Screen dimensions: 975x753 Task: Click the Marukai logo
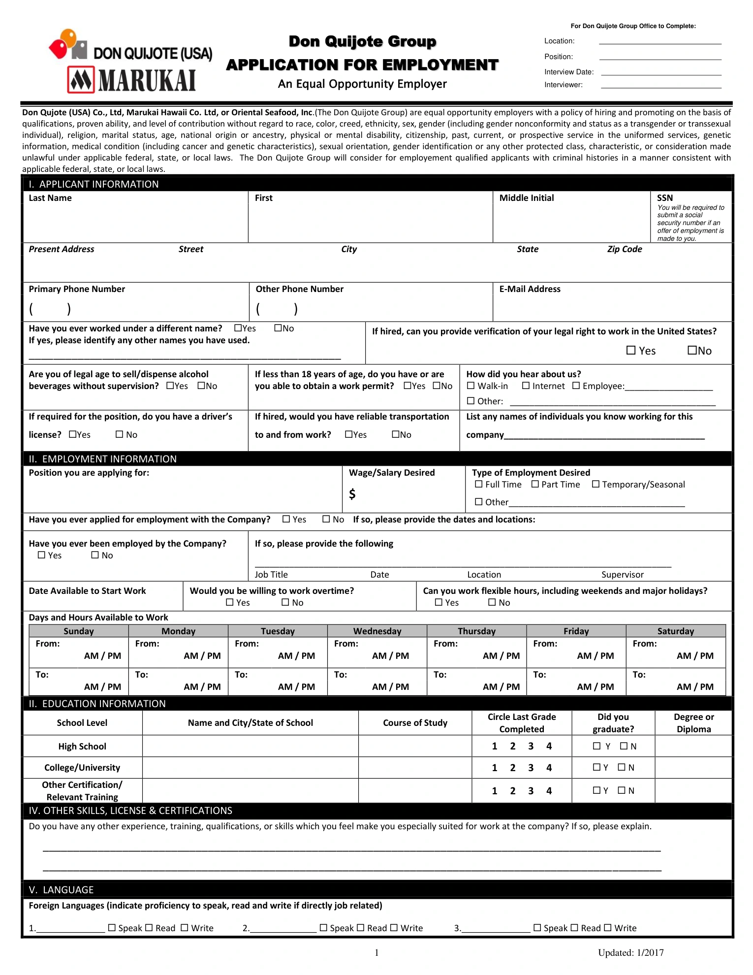tap(132, 80)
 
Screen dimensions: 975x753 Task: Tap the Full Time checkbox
tap(478, 485)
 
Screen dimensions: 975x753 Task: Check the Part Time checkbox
tap(535, 485)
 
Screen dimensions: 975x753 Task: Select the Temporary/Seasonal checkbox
tap(596, 485)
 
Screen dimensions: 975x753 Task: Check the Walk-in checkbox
tap(471, 386)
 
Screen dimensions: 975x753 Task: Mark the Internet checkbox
tap(526, 386)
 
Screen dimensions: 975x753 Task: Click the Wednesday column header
tap(377, 631)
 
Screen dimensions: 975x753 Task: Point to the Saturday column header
tap(675, 631)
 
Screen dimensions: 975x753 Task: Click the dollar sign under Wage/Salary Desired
tap(352, 494)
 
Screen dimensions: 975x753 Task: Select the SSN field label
tap(664, 198)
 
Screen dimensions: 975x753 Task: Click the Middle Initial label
tap(526, 198)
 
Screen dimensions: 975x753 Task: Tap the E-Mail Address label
tap(530, 289)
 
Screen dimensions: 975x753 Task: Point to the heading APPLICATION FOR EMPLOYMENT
tap(362, 65)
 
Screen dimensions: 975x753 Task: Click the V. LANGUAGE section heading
tap(61, 890)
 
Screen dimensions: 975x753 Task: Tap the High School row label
tap(82, 747)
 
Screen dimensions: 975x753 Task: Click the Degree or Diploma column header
tap(693, 723)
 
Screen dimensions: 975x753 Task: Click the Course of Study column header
tap(415, 723)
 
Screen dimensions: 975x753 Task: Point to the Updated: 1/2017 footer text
tap(630, 953)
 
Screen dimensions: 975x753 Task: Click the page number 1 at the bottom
tap(376, 953)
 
